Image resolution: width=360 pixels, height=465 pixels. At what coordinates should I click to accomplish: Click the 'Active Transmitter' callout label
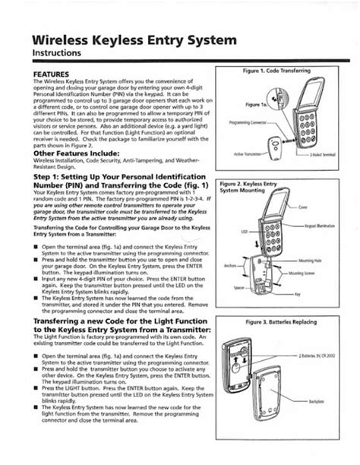point(250,153)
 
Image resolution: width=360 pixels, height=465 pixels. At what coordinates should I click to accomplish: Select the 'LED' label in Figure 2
point(245,231)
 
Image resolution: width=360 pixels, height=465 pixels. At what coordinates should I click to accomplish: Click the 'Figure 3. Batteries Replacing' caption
point(280,322)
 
